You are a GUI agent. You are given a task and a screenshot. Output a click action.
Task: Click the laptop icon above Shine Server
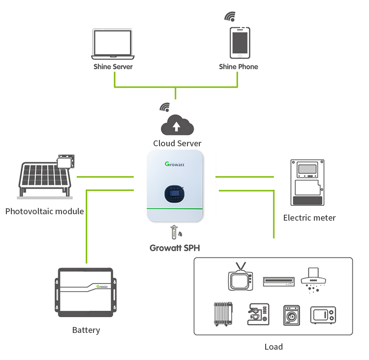tap(113, 44)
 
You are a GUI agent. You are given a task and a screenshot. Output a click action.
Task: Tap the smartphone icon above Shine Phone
tap(240, 43)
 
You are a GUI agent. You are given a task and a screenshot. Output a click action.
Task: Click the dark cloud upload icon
tap(177, 125)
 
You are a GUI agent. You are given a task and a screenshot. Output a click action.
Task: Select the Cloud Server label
tap(177, 143)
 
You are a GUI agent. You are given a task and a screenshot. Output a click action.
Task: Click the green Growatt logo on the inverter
tap(175, 164)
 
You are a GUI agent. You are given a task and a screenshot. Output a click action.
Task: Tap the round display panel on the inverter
tap(174, 194)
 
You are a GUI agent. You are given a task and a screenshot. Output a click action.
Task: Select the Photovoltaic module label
tap(44, 211)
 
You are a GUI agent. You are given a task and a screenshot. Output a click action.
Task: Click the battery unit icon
tap(86, 292)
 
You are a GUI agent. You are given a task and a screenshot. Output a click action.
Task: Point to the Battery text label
tap(86, 330)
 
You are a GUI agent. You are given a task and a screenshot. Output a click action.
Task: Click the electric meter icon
tap(307, 183)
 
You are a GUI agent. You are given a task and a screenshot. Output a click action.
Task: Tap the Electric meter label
tap(309, 218)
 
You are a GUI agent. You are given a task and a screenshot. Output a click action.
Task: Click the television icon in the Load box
tap(241, 277)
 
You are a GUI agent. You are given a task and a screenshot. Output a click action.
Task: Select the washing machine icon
tap(292, 315)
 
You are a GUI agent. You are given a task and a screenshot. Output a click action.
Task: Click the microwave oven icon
tap(323, 315)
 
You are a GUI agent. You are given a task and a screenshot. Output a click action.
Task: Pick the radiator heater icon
tap(223, 314)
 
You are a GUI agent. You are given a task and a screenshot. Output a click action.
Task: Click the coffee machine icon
tap(258, 314)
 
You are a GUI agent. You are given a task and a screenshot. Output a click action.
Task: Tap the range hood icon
tap(313, 280)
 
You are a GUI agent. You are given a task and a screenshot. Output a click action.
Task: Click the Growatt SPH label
tap(175, 248)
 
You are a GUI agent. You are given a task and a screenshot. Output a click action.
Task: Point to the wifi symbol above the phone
tap(230, 16)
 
